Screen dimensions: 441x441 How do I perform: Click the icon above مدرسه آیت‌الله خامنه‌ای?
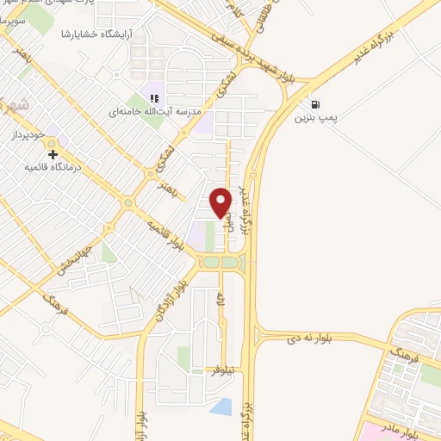[x=155, y=99]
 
